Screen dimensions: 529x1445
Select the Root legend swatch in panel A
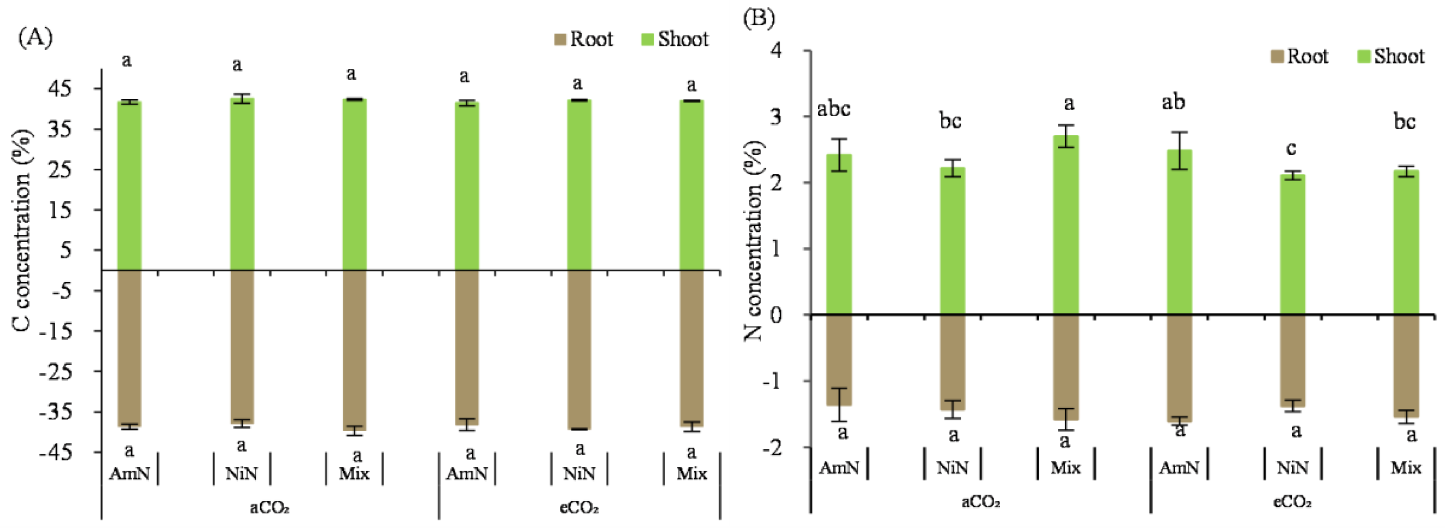560,39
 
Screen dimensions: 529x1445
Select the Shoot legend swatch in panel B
1364,56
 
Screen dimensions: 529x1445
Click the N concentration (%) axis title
754,241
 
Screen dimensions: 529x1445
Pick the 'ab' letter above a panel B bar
1173,102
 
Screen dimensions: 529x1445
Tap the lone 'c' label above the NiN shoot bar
1291,148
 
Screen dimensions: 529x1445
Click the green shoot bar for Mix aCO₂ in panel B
1066,224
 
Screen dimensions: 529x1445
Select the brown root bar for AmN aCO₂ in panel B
839,359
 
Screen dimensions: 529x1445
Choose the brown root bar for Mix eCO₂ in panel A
691,347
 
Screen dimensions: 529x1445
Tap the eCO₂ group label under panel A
579,508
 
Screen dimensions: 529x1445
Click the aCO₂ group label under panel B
981,502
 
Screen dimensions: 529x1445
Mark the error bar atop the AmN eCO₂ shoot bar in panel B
1179,150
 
